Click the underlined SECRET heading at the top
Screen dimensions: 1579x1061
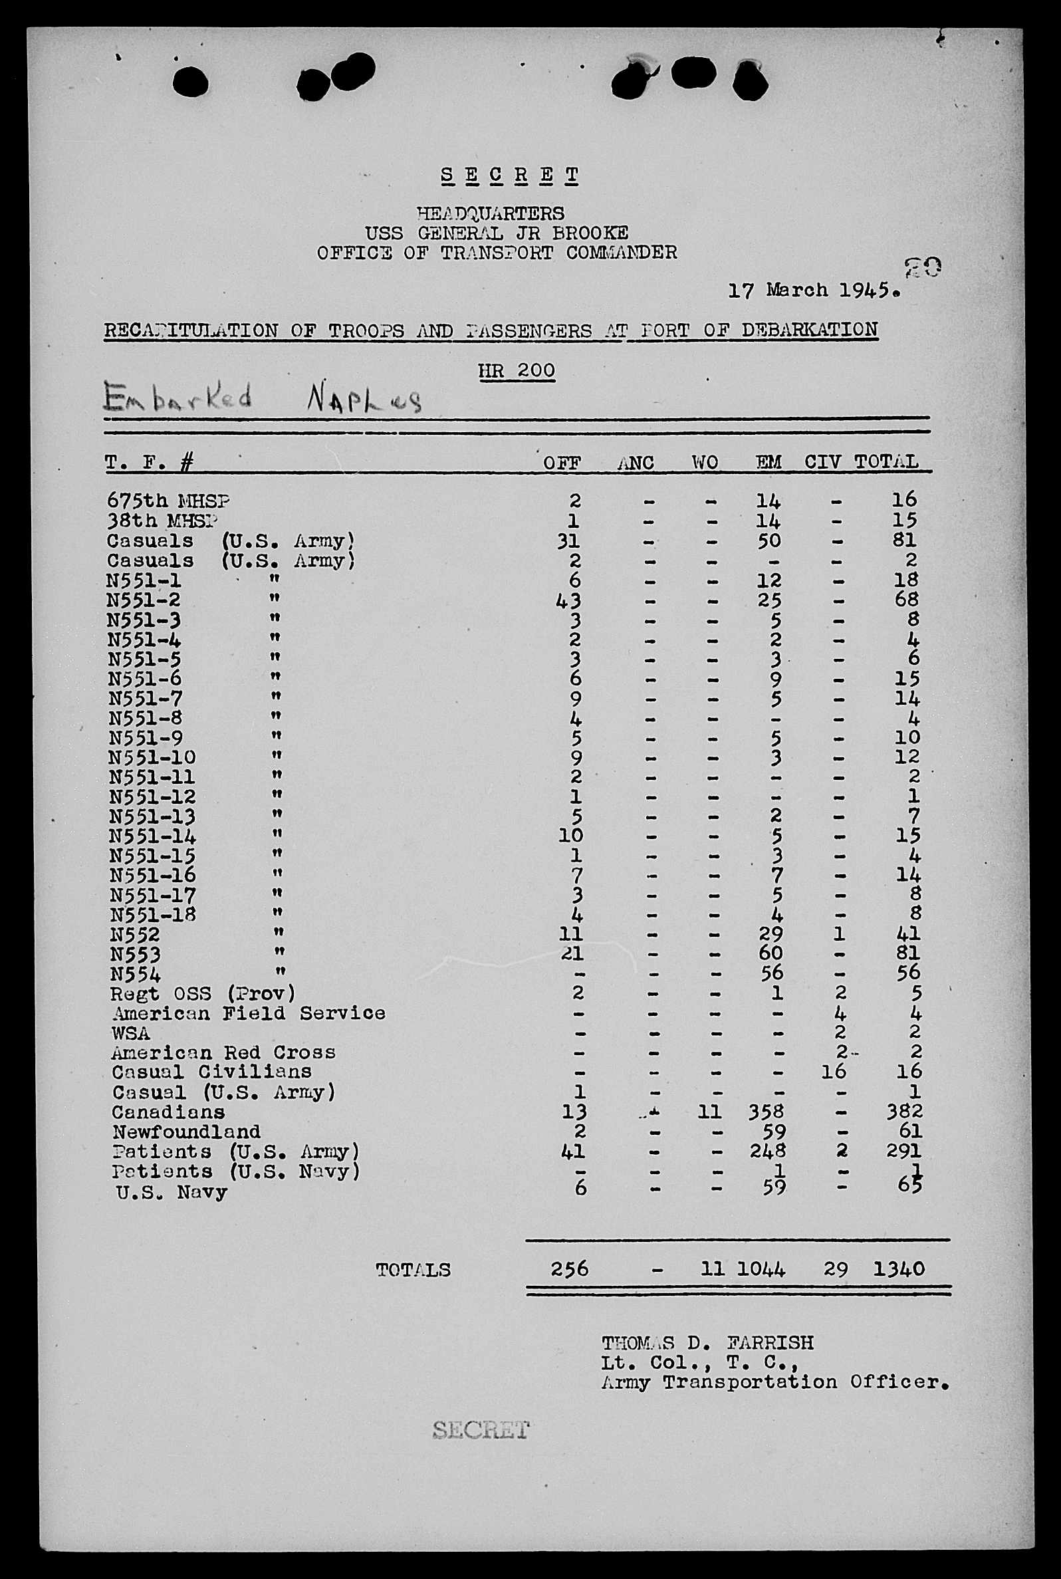pyautogui.click(x=509, y=176)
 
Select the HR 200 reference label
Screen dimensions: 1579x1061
pyautogui.click(x=517, y=371)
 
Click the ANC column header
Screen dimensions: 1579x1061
pyautogui.click(x=636, y=463)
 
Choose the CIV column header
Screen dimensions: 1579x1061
pyautogui.click(x=822, y=462)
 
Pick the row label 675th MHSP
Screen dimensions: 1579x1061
pyautogui.click(x=168, y=501)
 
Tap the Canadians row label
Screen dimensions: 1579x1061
pyautogui.click(x=168, y=1112)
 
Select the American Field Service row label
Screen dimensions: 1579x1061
pyautogui.click(x=249, y=1013)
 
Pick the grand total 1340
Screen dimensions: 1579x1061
pyautogui.click(x=898, y=1269)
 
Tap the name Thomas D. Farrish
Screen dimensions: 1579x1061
pyautogui.click(x=707, y=1343)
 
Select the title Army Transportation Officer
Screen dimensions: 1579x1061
pyautogui.click(x=774, y=1382)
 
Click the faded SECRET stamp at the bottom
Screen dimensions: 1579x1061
pyautogui.click(x=481, y=1429)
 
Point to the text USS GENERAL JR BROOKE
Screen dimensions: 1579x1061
pyautogui.click(x=497, y=233)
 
